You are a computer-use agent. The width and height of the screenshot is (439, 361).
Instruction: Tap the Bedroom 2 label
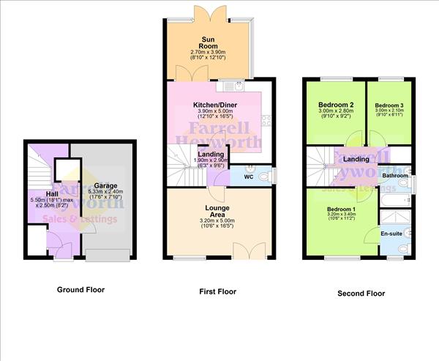coord(336,105)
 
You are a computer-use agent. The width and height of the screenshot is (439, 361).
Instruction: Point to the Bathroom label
coord(394,176)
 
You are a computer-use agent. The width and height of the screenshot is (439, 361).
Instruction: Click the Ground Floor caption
coord(80,290)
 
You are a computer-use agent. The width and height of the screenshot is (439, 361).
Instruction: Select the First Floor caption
coord(218,292)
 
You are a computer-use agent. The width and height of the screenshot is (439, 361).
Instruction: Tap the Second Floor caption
coord(361,294)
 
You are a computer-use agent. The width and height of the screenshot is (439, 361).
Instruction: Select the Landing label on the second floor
coord(356,159)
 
